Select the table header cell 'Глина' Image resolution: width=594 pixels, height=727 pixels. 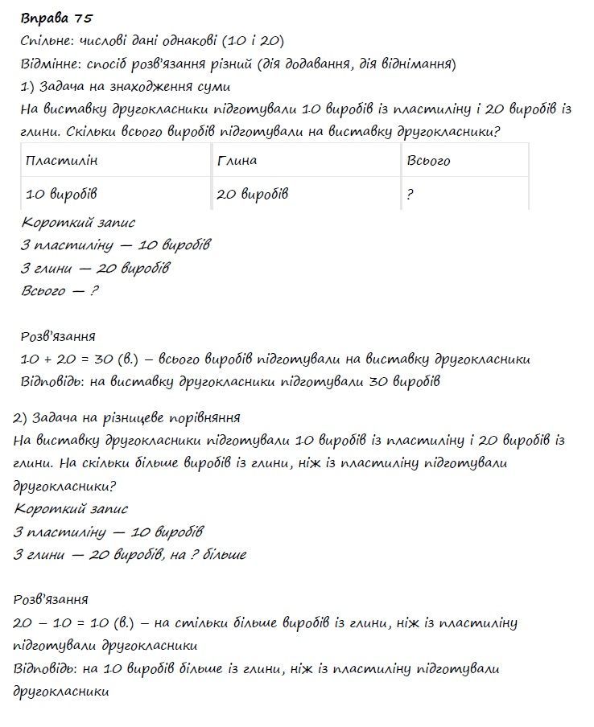click(x=237, y=161)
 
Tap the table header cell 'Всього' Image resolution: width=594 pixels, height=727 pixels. click(x=428, y=161)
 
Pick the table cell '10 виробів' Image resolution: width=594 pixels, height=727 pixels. click(x=62, y=195)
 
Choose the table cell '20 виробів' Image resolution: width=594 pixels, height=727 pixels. click(x=252, y=195)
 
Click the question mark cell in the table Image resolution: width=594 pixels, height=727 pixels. click(x=410, y=195)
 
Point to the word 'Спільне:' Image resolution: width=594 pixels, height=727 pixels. click(x=49, y=41)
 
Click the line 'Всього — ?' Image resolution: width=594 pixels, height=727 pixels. click(x=60, y=291)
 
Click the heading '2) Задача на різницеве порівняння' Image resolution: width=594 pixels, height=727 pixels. click(x=127, y=418)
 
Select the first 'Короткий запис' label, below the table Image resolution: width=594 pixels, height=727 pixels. click(x=78, y=223)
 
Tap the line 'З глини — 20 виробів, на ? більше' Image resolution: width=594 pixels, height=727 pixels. click(x=130, y=555)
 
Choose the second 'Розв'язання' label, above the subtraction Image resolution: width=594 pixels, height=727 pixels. click(x=51, y=599)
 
